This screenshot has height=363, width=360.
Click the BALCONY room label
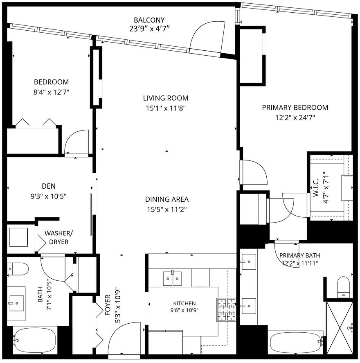click(149, 20)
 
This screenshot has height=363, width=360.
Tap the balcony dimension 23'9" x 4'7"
click(149, 29)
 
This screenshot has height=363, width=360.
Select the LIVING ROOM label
click(166, 98)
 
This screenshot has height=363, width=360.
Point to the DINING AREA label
click(167, 199)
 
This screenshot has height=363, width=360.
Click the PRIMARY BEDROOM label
click(295, 108)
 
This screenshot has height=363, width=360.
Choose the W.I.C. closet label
click(316, 187)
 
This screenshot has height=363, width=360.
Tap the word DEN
click(49, 186)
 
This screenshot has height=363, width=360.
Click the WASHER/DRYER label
click(59, 237)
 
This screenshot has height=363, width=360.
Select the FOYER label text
click(108, 305)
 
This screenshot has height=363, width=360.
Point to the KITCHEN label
click(184, 303)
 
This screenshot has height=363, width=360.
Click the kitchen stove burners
click(226, 310)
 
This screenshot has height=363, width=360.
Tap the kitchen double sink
click(172, 278)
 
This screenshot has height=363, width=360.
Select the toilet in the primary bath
click(343, 287)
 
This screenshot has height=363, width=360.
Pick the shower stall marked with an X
click(340, 327)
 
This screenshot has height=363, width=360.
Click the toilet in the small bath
click(18, 269)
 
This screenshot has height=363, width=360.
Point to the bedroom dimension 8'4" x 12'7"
click(52, 92)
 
